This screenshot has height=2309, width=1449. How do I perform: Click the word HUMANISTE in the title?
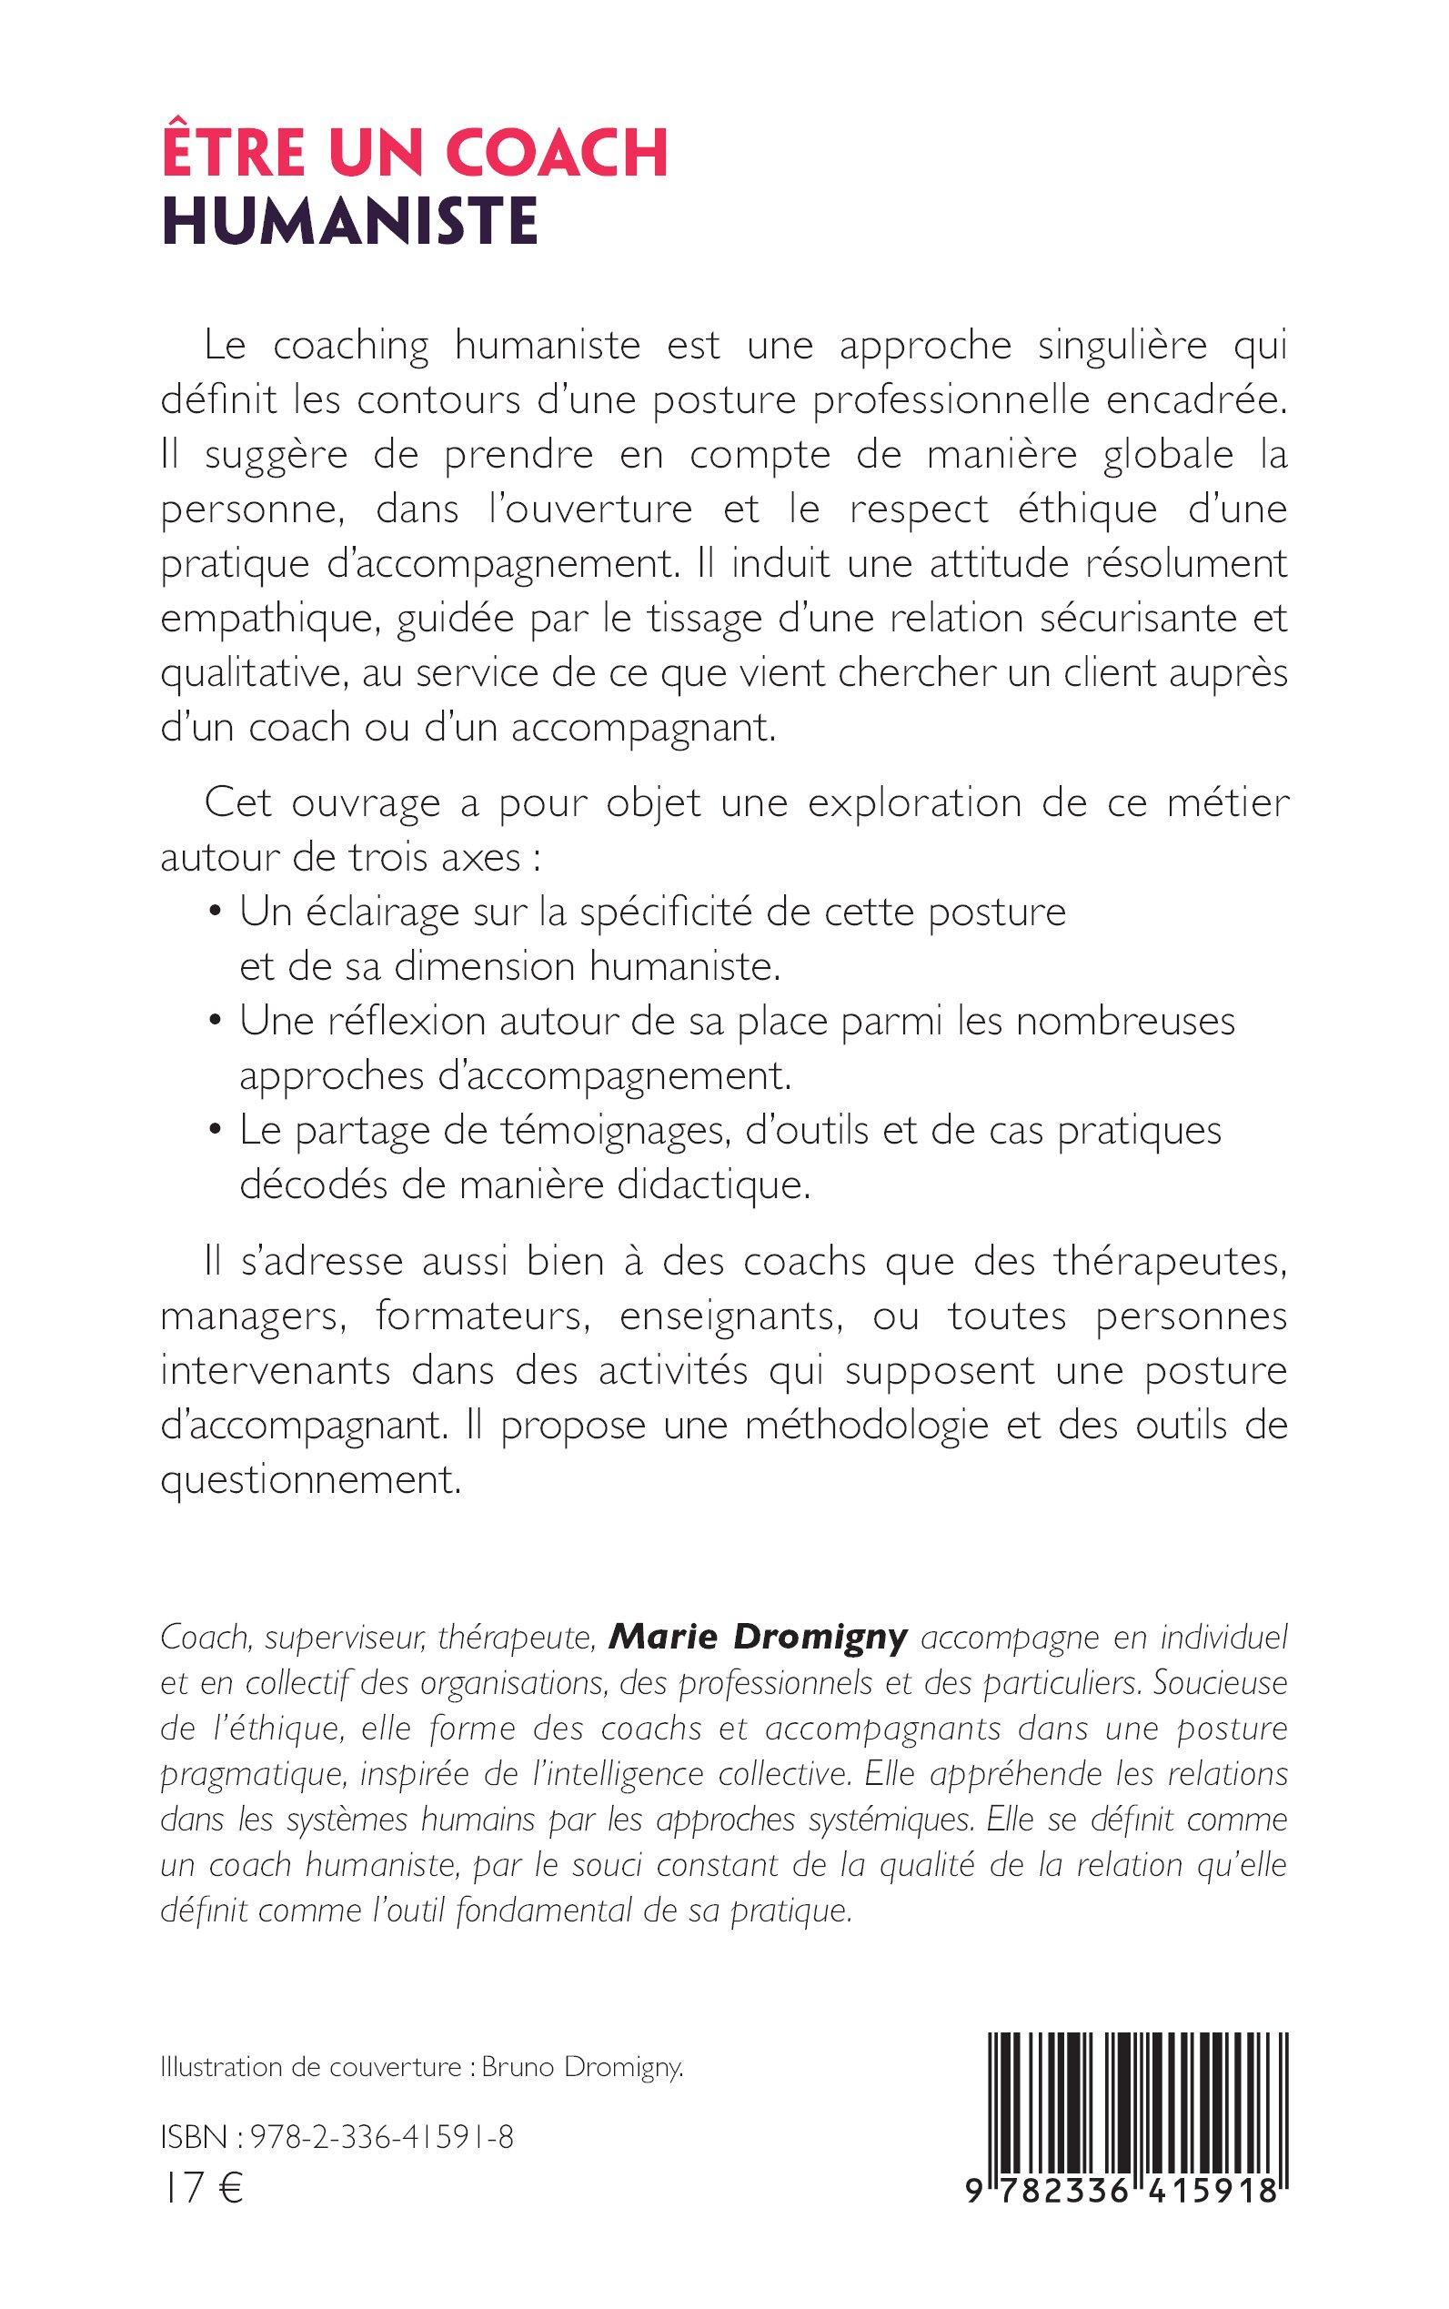[x=350, y=221]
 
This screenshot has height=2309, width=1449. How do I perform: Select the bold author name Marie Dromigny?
[x=758, y=1636]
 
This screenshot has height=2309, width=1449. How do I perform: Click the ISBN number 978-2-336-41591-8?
[x=381, y=2136]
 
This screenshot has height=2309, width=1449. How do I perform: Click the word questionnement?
[x=311, y=1480]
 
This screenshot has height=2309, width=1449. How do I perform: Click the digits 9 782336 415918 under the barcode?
[x=1122, y=2191]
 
